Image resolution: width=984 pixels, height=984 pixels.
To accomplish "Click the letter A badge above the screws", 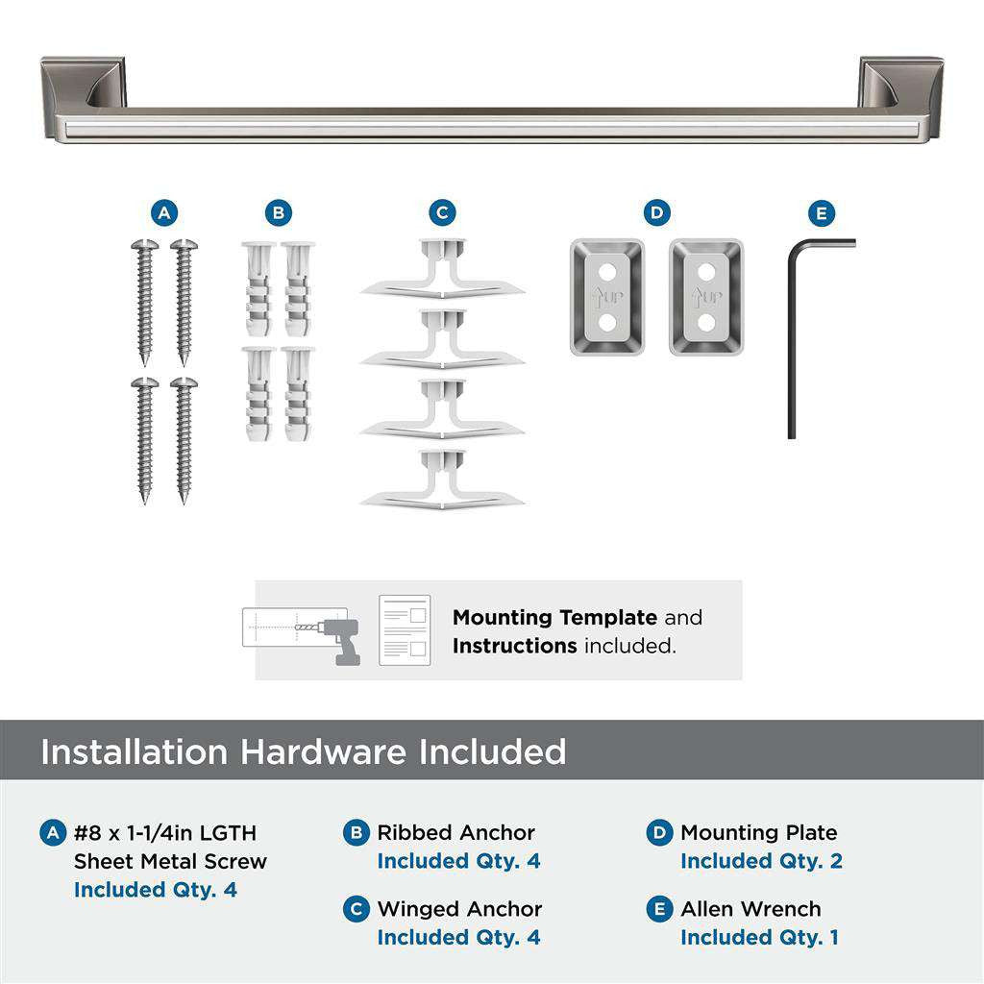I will tap(165, 213).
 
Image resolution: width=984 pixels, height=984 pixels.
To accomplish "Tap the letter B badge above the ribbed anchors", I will tap(278, 213).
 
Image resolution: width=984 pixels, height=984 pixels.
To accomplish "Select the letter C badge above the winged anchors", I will tap(442, 213).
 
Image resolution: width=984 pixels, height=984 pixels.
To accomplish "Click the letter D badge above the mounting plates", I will tap(656, 213).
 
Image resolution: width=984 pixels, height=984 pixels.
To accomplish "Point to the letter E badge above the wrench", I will tap(822, 213).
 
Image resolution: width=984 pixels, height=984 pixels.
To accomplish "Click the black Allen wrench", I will tap(794, 336).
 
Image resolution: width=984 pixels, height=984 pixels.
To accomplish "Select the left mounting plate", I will tap(606, 297).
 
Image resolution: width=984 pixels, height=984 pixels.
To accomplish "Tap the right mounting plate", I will tap(706, 297).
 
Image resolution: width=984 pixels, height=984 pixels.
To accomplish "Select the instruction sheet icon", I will tap(405, 630).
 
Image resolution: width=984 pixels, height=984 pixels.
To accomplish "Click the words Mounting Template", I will tap(554, 618).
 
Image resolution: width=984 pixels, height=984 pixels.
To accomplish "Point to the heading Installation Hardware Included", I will tap(303, 751).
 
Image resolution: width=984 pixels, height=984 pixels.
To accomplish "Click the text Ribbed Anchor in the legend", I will tap(455, 833).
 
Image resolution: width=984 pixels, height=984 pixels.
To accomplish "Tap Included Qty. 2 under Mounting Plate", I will tap(761, 861).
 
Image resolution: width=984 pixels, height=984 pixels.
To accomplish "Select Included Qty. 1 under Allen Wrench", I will tap(759, 937).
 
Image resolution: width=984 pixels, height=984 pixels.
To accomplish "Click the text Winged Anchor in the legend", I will tap(459, 909).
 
